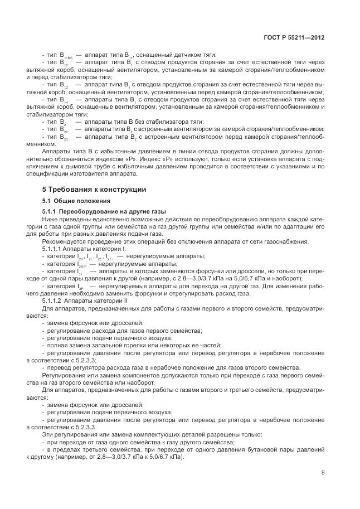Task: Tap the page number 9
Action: pyautogui.click(x=323, y=473)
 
